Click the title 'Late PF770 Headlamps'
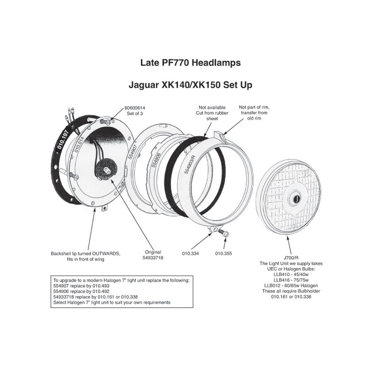coord(190,63)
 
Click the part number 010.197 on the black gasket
coord(63,139)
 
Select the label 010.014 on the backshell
coord(79,144)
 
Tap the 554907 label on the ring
coord(132,152)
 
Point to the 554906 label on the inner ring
coord(156,161)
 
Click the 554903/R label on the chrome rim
coord(190,165)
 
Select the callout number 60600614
coord(135,108)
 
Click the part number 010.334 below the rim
coord(190,253)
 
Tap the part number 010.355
coord(224,253)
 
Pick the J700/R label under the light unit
coord(291,258)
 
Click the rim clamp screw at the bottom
coord(223,233)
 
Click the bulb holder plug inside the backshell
coord(106,169)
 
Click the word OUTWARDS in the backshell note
coord(107,254)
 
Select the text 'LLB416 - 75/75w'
coord(291,280)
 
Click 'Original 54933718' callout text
coord(153,255)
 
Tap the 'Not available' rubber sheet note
coord(212,108)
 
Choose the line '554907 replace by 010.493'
coord(81,286)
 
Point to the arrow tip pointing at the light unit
coord(287,237)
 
